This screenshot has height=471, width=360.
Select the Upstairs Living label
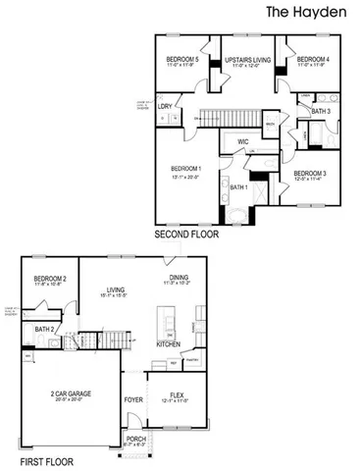click(245, 61)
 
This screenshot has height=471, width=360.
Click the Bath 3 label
click(319, 112)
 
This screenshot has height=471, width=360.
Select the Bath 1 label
click(239, 186)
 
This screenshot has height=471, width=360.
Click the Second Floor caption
click(186, 235)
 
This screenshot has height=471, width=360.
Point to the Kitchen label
click(169, 344)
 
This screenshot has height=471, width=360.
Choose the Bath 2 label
click(43, 329)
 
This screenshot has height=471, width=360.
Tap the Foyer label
click(133, 400)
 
